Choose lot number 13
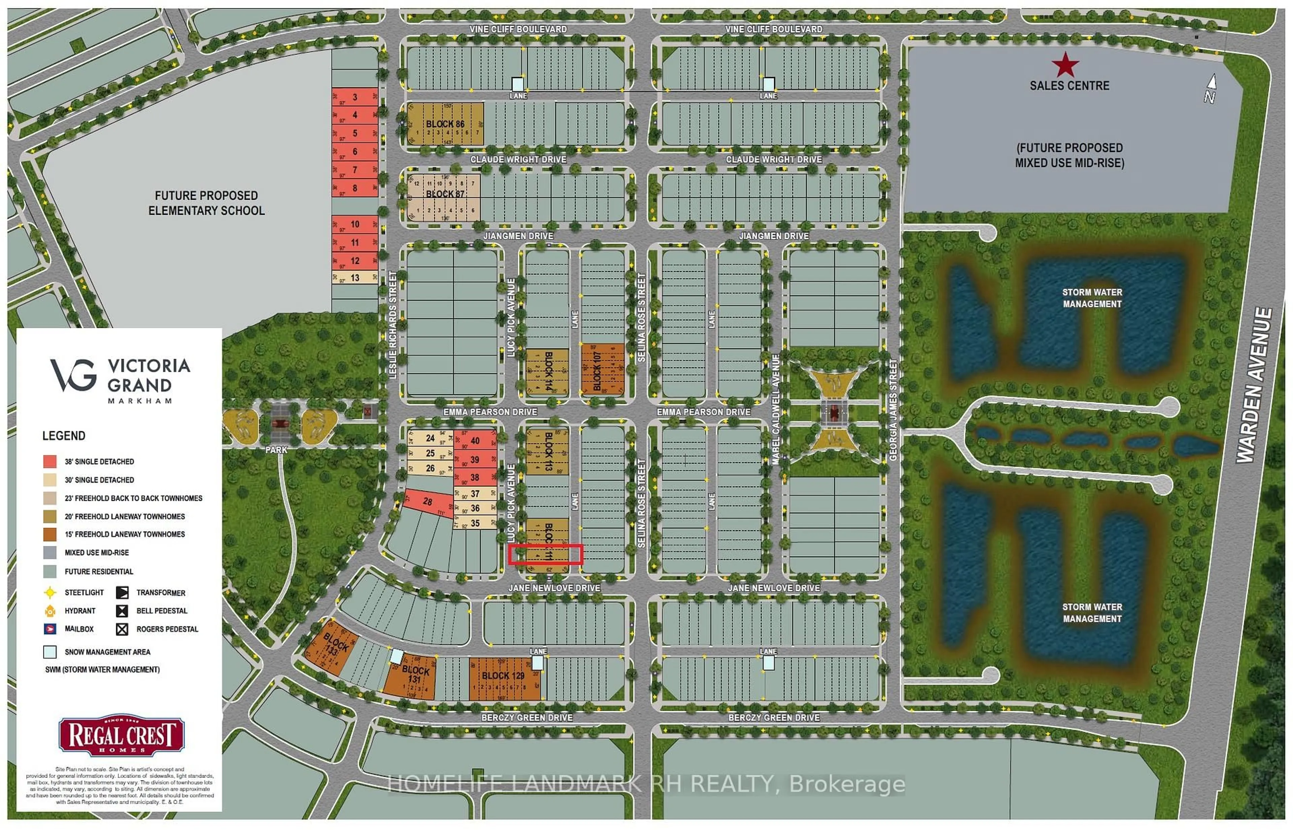point(355,278)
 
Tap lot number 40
point(475,440)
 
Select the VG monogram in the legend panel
point(74,375)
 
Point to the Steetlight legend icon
point(49,593)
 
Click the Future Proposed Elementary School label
point(206,203)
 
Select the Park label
point(276,449)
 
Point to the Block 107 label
point(597,371)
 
